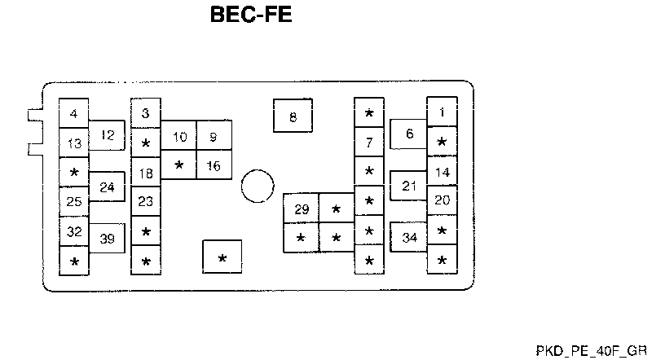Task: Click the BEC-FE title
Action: click(x=251, y=15)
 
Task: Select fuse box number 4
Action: click(x=74, y=115)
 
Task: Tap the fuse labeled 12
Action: click(x=107, y=136)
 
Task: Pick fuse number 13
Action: click(x=74, y=144)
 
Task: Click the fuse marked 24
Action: click(x=107, y=187)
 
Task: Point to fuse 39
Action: click(x=107, y=239)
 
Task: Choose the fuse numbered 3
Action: click(x=146, y=114)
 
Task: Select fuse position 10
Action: click(x=179, y=137)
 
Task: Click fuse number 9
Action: click(x=214, y=137)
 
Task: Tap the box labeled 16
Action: click(x=214, y=165)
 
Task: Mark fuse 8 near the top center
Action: click(x=293, y=117)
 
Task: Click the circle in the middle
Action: click(x=258, y=187)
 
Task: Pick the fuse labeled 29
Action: click(x=302, y=209)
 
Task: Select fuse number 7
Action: click(x=369, y=143)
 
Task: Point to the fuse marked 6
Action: click(x=409, y=134)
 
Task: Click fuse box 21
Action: click(x=409, y=186)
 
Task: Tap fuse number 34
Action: click(x=409, y=238)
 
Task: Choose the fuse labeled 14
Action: click(x=442, y=172)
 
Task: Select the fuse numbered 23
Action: click(x=146, y=201)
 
